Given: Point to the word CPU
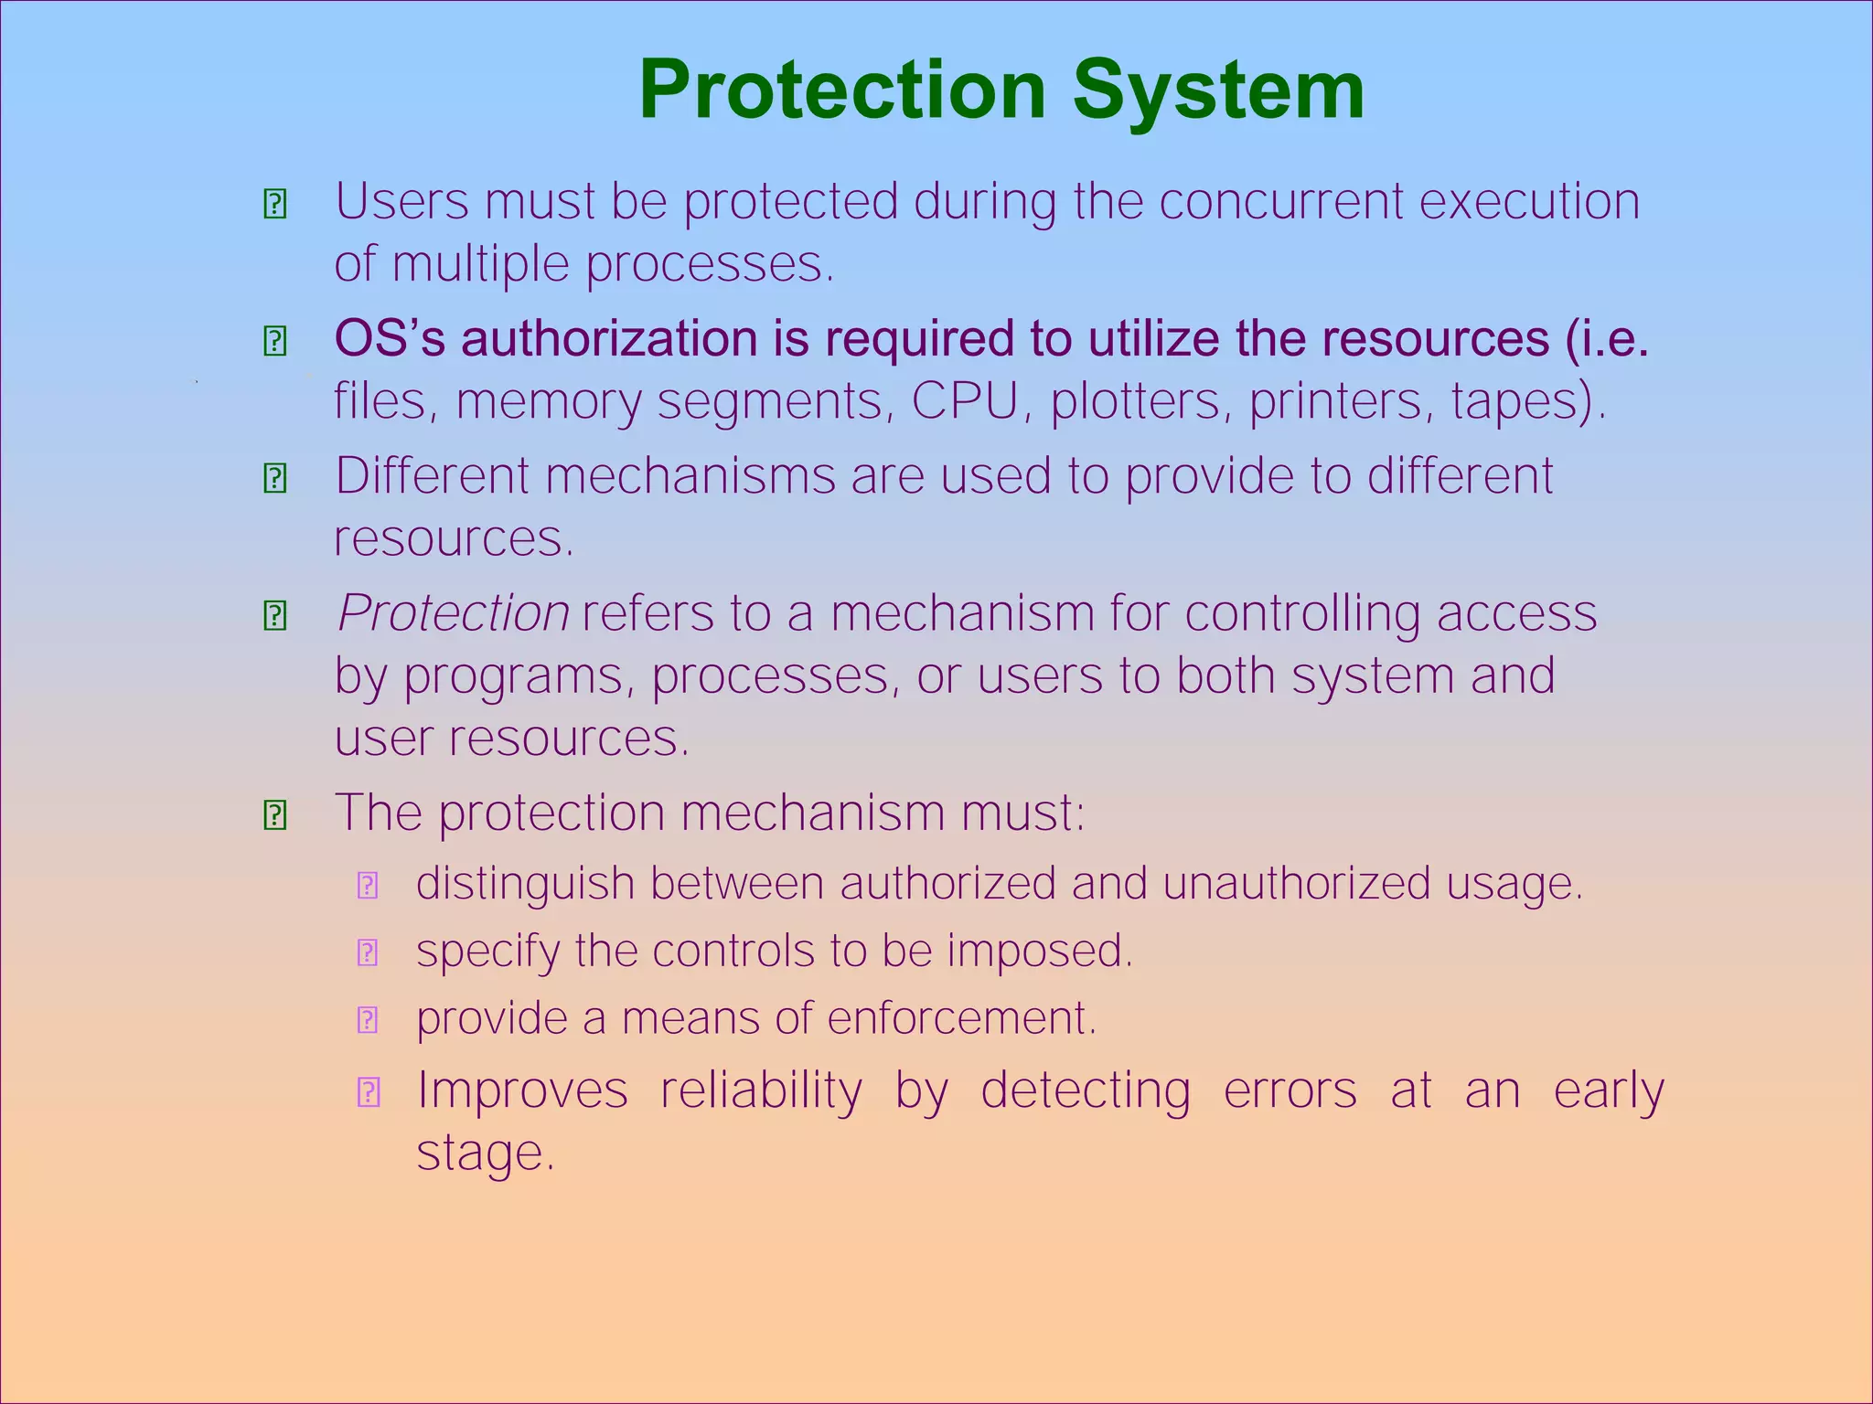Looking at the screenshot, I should pyautogui.click(x=965, y=400).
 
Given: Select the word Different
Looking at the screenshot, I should pyautogui.click(x=432, y=475).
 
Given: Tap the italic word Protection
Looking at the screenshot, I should pyautogui.click(x=454, y=612).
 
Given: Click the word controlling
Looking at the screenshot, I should pyautogui.click(x=1302, y=612).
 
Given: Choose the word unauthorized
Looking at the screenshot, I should pyautogui.click(x=1297, y=883).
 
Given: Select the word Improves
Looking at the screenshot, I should pyautogui.click(x=522, y=1090).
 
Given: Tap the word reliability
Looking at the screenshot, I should pyautogui.click(x=761, y=1090).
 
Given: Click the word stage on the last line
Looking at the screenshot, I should pyautogui.click(x=485, y=1153).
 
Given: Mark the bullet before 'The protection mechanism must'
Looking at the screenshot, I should pyautogui.click(x=275, y=814).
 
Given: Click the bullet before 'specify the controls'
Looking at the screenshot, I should pyautogui.click(x=368, y=953).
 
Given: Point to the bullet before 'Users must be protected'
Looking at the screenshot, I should pyautogui.click(x=275, y=204).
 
